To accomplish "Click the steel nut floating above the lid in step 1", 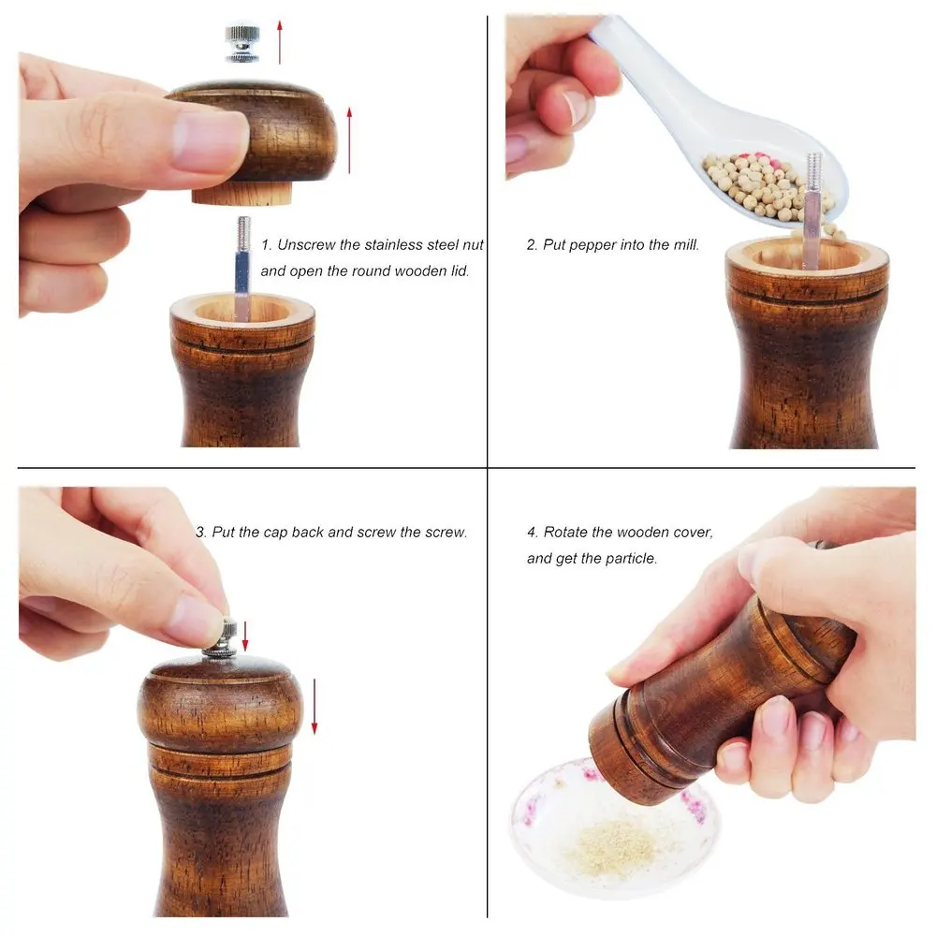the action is click(241, 43).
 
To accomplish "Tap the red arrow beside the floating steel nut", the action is click(279, 42).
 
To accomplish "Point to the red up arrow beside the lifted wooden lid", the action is click(349, 141).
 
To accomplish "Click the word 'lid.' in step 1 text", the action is click(459, 271).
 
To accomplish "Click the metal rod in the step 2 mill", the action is click(813, 210).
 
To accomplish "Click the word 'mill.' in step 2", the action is click(685, 244).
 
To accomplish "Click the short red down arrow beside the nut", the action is click(244, 636).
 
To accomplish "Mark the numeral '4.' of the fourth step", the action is click(533, 532).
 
